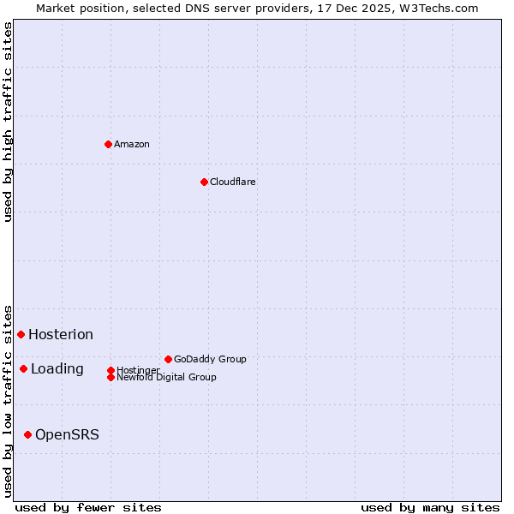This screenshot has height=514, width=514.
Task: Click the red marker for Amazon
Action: [x=108, y=144]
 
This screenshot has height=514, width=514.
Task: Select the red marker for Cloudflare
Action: [x=204, y=182]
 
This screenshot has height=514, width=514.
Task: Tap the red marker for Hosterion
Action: [x=21, y=334]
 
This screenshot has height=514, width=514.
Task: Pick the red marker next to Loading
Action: [x=23, y=368]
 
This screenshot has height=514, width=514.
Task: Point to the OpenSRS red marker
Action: [x=27, y=434]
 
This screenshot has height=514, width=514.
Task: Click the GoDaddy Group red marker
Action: [x=168, y=359]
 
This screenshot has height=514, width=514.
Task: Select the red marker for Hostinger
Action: [x=111, y=370]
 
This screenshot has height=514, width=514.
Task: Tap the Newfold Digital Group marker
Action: [x=111, y=377]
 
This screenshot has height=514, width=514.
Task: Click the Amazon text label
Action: [x=132, y=144]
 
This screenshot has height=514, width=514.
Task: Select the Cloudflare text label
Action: [x=233, y=182]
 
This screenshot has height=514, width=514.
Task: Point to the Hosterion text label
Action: [x=61, y=334]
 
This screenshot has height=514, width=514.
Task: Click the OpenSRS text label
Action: [x=67, y=434]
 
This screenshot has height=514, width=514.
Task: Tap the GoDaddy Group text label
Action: [x=210, y=359]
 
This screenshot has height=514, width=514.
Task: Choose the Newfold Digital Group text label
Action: [x=166, y=377]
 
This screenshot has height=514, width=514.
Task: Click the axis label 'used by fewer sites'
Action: [x=88, y=507]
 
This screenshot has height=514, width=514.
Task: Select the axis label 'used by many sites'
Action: [x=430, y=507]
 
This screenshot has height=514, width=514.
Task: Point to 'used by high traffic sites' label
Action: [x=8, y=122]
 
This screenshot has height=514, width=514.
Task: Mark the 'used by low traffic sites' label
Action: [x=8, y=401]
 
